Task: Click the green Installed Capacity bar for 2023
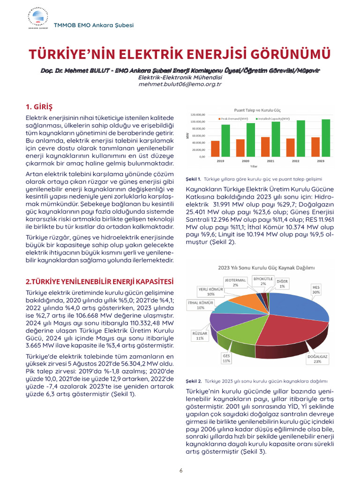pyautogui.click(x=325, y=140)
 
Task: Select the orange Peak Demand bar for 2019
pyautogui.click(x=215, y=150)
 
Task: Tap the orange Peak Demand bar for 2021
pyautogui.click(x=265, y=148)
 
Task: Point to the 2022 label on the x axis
pyautogui.click(x=295, y=161)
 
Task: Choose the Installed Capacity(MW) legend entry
pyautogui.click(x=275, y=119)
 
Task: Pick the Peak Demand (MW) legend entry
pyautogui.click(x=233, y=119)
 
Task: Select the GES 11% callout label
pyautogui.click(x=226, y=358)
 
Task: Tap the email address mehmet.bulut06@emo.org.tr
pyautogui.click(x=180, y=84)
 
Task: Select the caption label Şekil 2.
pyautogui.click(x=194, y=381)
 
